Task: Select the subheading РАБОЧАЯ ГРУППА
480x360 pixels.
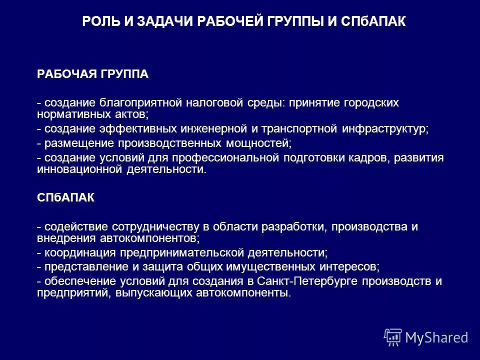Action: point(93,74)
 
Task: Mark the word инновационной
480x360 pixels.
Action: point(76,169)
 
